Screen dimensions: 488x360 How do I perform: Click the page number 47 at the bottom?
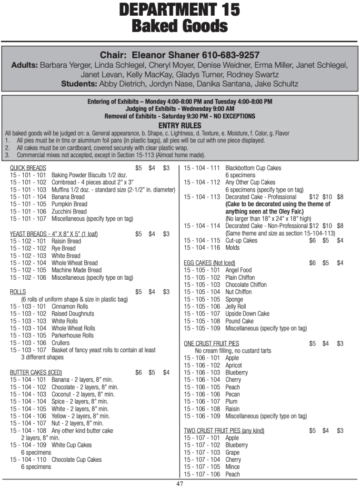(180, 484)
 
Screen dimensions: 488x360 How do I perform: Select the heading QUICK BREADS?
(28, 168)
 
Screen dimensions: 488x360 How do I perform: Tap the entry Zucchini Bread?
(69, 212)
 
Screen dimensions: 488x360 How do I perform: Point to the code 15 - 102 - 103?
(28, 255)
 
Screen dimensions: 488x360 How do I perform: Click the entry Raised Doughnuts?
(73, 314)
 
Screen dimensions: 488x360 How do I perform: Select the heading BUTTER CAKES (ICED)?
(36, 372)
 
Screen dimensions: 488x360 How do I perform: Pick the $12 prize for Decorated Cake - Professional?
(314, 197)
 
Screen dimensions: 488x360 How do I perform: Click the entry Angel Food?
(238, 270)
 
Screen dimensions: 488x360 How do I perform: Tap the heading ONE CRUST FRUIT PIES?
(211, 343)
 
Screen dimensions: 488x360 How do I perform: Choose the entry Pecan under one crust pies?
(232, 394)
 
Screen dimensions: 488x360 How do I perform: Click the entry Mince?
(232, 467)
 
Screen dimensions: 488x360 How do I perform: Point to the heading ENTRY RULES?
(180, 125)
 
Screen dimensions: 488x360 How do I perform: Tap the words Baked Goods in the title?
(180, 25)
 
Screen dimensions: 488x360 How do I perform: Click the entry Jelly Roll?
(236, 306)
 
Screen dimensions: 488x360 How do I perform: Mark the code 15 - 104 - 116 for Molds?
(202, 248)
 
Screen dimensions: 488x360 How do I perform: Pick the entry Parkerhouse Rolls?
(72, 335)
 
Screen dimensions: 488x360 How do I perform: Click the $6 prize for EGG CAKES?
(312, 263)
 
